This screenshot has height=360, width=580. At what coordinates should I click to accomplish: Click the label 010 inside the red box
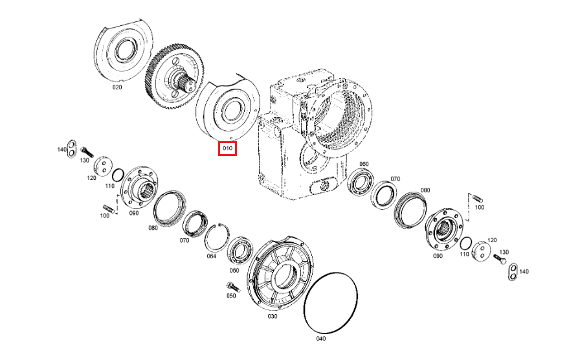point(227,148)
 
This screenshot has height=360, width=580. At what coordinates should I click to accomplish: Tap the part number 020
point(117,87)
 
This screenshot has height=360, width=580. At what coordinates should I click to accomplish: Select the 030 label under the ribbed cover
point(273,317)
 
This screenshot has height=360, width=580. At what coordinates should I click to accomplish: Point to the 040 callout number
point(320,339)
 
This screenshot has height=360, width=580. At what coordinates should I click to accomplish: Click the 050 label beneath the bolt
point(231,296)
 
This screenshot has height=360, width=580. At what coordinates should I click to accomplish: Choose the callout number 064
point(211,256)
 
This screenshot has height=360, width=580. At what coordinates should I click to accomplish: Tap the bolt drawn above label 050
point(233,286)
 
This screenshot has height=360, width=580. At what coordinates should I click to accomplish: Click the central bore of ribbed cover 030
point(285,276)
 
